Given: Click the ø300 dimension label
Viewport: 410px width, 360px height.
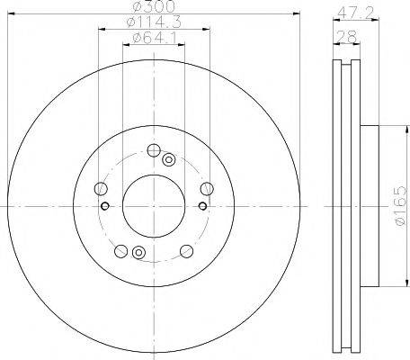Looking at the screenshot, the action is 154,6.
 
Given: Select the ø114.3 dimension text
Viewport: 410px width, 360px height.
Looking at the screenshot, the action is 154,22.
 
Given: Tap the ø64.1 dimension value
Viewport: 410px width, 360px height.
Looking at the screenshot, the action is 154,38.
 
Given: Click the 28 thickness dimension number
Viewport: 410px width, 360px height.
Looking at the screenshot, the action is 347,37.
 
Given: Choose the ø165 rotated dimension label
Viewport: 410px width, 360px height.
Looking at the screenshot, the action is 400,205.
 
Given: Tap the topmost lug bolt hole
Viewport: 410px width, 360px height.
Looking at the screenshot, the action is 154,150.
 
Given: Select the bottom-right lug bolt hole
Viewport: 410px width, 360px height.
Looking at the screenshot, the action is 186,251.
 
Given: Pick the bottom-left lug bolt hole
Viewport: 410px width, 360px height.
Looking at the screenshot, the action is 121,251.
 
